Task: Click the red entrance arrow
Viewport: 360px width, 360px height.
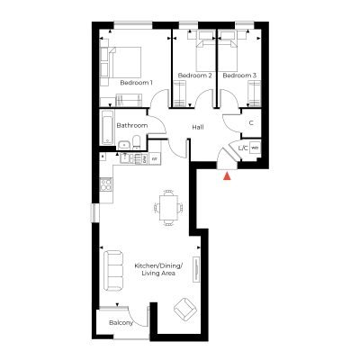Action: (228, 176)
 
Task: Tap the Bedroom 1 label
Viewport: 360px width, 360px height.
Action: (136, 83)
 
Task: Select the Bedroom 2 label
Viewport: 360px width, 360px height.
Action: (195, 76)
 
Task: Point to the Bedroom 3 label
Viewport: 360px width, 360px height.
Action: (239, 76)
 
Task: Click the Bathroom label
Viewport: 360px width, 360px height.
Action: (132, 125)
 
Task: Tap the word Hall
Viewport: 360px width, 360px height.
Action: (198, 127)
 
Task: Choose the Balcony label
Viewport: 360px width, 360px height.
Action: (121, 323)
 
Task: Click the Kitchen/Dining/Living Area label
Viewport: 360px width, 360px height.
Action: (158, 269)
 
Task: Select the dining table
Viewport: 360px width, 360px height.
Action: (168, 208)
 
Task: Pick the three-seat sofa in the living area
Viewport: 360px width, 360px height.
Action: (113, 271)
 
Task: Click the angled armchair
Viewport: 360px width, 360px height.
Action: (185, 309)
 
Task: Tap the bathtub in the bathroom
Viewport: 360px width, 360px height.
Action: (107, 127)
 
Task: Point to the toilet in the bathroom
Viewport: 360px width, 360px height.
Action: (136, 142)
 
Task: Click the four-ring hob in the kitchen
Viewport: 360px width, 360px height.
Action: (106, 184)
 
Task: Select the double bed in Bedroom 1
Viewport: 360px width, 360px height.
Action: (124, 62)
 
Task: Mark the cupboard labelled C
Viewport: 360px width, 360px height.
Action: (251, 123)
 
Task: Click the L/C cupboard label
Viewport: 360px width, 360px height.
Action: (243, 148)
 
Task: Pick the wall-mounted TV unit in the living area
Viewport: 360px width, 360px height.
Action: (196, 269)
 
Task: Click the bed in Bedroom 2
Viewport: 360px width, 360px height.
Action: (206, 55)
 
